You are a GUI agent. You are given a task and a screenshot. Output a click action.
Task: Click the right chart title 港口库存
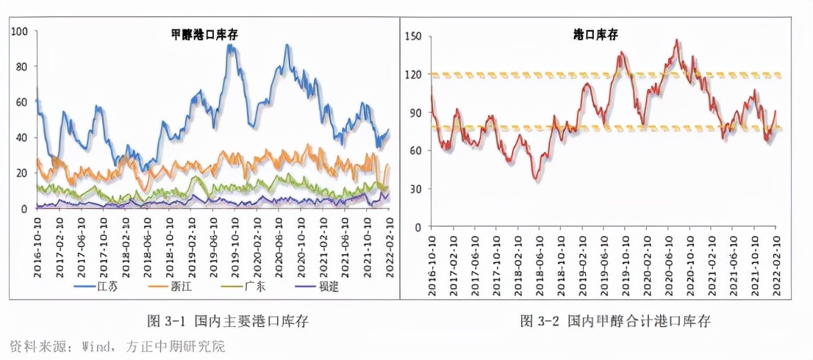[597, 35]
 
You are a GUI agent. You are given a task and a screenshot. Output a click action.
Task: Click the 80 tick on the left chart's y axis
[22, 67]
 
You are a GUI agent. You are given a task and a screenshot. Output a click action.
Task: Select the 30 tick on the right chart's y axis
[415, 189]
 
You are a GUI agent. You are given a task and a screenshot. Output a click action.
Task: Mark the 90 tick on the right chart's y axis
[415, 112]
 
